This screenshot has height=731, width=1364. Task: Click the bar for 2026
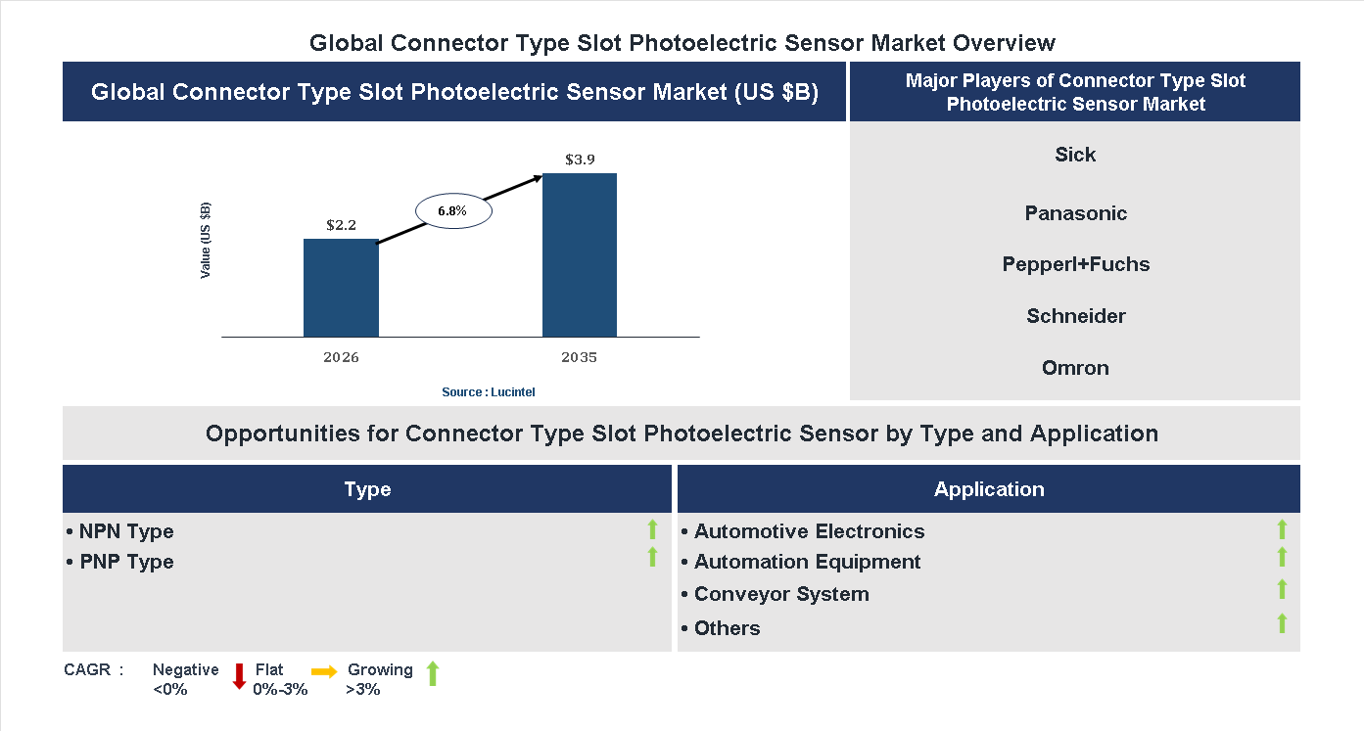click(341, 288)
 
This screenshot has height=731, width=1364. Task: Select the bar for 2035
click(580, 255)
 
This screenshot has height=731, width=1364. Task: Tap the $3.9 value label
click(580, 159)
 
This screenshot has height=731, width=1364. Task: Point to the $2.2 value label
click(341, 224)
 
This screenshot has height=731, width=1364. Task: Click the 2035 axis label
click(579, 357)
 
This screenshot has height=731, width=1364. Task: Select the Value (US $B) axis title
click(206, 241)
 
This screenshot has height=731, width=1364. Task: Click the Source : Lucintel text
click(488, 391)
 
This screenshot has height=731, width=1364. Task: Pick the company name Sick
click(1075, 155)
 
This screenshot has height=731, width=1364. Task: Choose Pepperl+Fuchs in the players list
click(1075, 264)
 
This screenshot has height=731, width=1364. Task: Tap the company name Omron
click(1075, 368)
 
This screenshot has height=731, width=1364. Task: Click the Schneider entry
click(1075, 316)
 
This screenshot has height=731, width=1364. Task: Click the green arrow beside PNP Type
click(652, 558)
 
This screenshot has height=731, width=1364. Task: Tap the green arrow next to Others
click(1282, 623)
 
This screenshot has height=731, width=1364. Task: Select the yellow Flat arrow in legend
click(324, 671)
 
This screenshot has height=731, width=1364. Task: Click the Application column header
click(988, 489)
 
